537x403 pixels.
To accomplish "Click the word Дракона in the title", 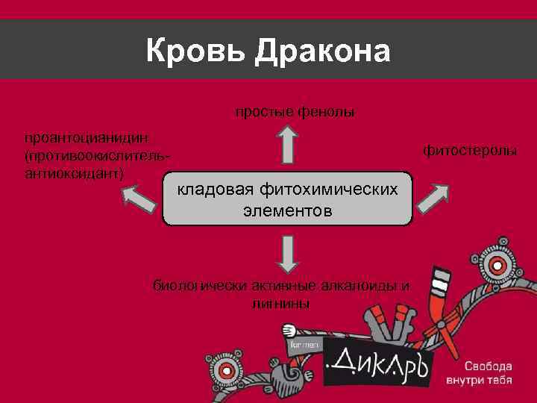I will click(x=321, y=52).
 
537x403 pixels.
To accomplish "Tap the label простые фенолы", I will click(x=295, y=112).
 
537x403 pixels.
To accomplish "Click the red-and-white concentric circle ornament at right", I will click(x=498, y=265).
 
